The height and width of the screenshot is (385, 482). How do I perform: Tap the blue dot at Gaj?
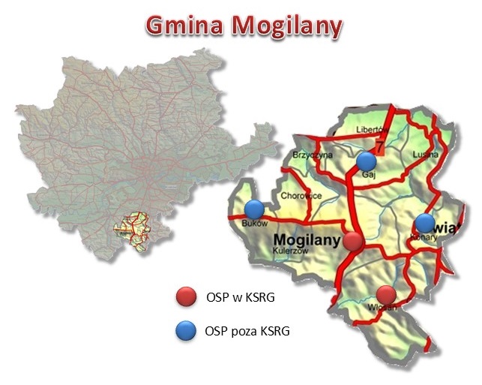366,161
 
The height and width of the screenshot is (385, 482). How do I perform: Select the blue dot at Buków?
255,209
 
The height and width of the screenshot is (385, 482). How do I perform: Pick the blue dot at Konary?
425,223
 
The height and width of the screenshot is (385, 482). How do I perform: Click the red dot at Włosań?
386,295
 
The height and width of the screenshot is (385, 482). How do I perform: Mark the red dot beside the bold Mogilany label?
353,241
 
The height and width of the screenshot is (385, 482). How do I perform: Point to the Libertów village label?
373,130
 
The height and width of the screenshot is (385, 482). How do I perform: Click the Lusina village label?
424,155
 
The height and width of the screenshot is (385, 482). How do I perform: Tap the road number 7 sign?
379,145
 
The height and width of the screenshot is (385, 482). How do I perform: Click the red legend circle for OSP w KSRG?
184,298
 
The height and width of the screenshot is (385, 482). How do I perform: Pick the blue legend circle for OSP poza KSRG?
184,330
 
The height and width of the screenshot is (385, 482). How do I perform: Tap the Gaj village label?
367,173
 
